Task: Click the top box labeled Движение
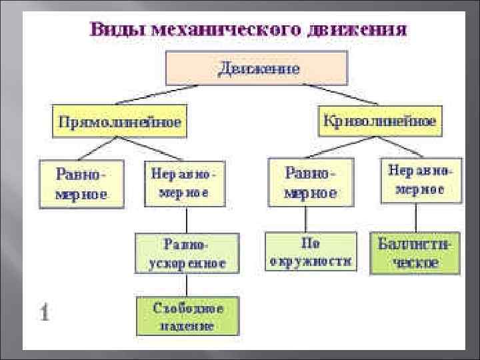point(256,67)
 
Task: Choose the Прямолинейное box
point(120,122)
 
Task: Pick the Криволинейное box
point(380,121)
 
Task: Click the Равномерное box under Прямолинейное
point(82,183)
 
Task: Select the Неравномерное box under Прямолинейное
point(184,182)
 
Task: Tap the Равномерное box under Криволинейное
point(311,182)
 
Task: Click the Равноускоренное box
point(187,253)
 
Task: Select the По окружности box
point(310,251)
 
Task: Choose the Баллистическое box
point(415,253)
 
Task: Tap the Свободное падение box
point(187,317)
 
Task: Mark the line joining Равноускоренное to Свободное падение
point(187,285)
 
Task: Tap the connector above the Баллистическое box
point(416,218)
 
